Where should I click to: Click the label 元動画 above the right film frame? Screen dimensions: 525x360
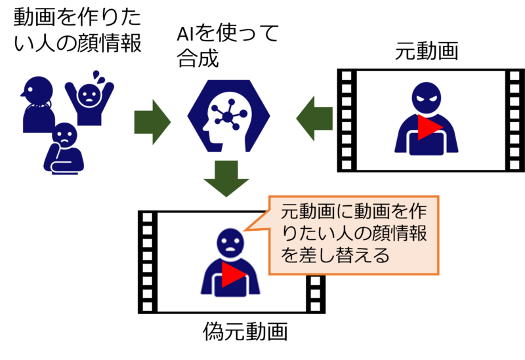[x=426, y=52]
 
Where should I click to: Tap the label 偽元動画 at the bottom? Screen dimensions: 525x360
[x=245, y=331]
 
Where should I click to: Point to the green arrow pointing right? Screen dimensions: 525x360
[x=152, y=122]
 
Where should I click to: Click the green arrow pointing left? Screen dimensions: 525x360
[x=314, y=119]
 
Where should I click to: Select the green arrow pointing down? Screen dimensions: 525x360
[x=226, y=178]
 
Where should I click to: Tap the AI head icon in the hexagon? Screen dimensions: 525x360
[x=228, y=116]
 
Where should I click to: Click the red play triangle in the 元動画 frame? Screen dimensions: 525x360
[x=430, y=127]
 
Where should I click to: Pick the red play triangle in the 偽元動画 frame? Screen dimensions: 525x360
[x=234, y=274]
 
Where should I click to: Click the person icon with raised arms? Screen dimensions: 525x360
[x=89, y=100]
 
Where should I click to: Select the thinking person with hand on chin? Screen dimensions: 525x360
[x=64, y=148]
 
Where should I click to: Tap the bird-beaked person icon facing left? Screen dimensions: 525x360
[x=37, y=104]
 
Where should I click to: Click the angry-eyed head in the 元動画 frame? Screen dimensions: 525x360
[x=426, y=98]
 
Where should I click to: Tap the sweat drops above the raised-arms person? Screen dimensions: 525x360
[x=98, y=77]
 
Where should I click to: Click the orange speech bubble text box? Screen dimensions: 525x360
[x=354, y=235]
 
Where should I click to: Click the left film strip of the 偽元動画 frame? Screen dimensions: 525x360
[x=148, y=262]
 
